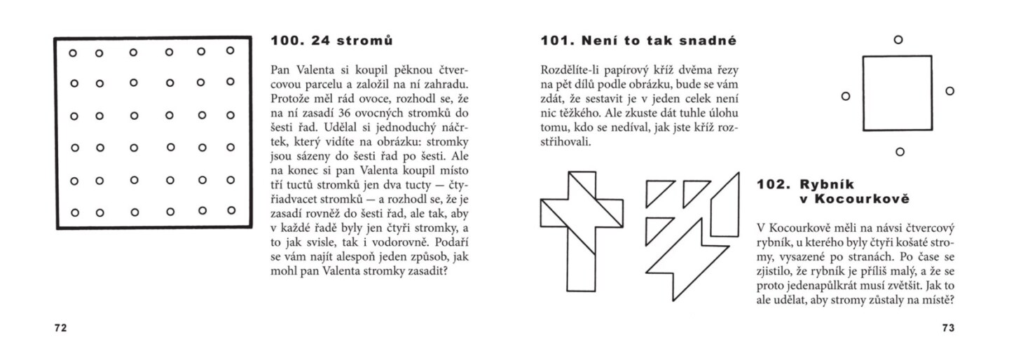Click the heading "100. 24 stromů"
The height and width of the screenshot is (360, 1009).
click(x=331, y=41)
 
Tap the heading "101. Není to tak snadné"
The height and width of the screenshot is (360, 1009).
click(x=638, y=41)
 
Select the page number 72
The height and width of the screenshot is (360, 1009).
click(x=60, y=328)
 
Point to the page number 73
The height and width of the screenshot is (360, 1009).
click(x=949, y=328)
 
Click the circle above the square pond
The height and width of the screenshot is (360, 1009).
click(x=898, y=40)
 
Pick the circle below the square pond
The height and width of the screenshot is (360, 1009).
click(x=900, y=151)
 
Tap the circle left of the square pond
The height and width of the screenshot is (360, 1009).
click(x=846, y=95)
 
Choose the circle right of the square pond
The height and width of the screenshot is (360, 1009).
click(x=949, y=91)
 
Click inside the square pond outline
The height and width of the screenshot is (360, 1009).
click(x=898, y=93)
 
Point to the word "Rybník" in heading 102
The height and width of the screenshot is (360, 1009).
click(x=825, y=185)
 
